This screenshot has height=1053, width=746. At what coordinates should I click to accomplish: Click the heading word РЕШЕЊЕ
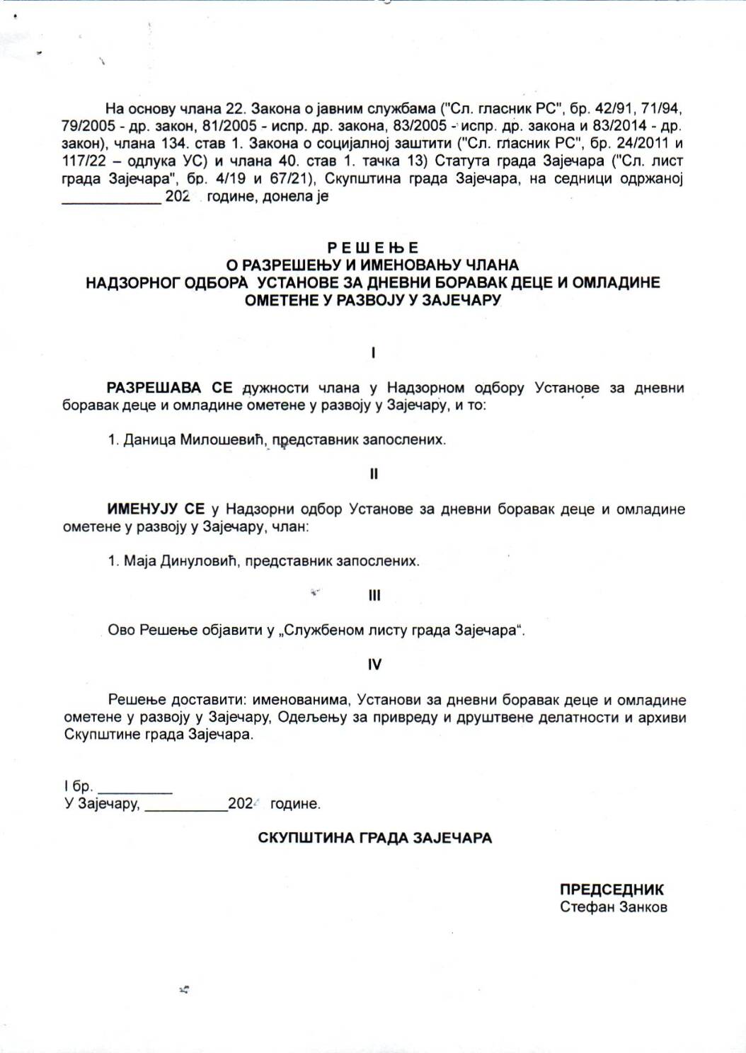coord(373,248)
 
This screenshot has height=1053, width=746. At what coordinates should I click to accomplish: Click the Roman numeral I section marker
coord(373,352)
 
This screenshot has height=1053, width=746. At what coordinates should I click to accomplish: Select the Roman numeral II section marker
coord(374,474)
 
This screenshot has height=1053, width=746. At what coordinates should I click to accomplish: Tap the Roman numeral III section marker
coord(374,596)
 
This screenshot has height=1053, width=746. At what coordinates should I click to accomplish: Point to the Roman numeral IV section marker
coord(374,664)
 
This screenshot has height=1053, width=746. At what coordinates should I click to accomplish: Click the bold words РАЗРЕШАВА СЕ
coord(170,388)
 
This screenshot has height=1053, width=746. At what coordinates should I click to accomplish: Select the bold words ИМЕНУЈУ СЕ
coord(156,510)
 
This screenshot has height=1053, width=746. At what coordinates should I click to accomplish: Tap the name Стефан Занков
coord(613,907)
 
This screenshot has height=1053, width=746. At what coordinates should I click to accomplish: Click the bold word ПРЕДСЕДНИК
coord(612,890)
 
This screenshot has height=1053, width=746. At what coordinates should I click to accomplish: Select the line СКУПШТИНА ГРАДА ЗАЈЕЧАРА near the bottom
coord(374,838)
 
